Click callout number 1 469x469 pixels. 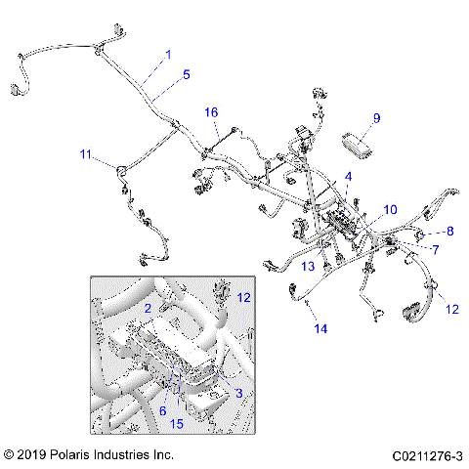coord(167,55)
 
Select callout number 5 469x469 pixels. coord(187,73)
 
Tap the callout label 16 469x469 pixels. coord(211,112)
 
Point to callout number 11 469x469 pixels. coord(86,153)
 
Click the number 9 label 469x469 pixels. coord(376,119)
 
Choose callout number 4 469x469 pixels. coord(347,176)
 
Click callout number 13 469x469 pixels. coord(308,266)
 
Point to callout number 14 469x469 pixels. coord(320,329)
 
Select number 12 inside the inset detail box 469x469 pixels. coord(244,296)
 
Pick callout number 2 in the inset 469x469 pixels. coord(148,308)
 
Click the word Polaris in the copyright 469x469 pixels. coord(72,455)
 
